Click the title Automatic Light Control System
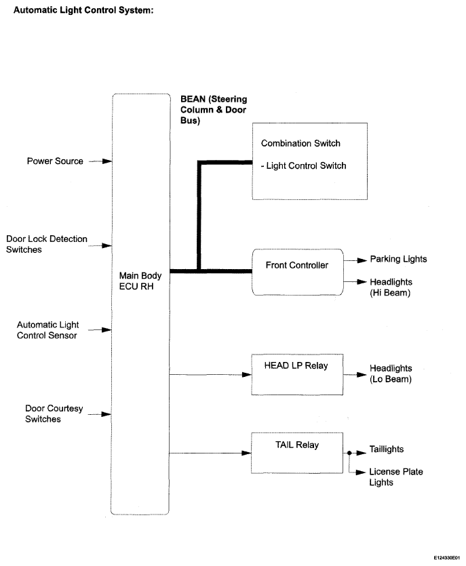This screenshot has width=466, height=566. (x=83, y=10)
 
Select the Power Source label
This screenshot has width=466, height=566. (x=55, y=161)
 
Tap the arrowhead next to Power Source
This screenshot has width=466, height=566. (x=107, y=161)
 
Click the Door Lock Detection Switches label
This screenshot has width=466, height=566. (x=47, y=244)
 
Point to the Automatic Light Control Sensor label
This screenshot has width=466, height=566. (x=47, y=330)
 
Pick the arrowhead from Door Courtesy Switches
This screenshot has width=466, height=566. (x=106, y=414)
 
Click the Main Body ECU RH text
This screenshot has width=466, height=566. (x=140, y=281)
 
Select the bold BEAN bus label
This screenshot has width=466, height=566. (x=214, y=109)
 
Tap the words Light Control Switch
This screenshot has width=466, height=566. (x=307, y=165)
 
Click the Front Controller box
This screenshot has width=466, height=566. (x=297, y=272)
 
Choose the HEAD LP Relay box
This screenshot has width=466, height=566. (x=297, y=374)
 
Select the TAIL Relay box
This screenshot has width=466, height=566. (x=297, y=453)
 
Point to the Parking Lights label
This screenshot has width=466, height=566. (x=398, y=259)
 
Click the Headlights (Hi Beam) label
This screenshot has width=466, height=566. (x=391, y=287)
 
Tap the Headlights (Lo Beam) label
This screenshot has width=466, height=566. (x=391, y=373)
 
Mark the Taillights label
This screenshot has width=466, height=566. (x=387, y=449)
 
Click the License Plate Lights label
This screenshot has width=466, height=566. (x=396, y=477)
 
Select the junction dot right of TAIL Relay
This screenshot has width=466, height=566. (x=349, y=453)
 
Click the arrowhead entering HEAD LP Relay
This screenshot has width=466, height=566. (x=247, y=375)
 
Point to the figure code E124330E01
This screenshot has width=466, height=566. (x=447, y=558)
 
